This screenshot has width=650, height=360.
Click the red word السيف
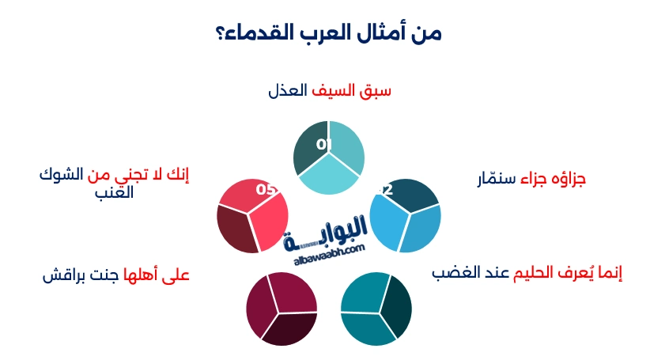tap(331, 91)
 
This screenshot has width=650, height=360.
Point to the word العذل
tap(286, 91)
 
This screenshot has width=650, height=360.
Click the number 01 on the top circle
tap(323, 145)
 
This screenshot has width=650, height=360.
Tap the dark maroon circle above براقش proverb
tap(282, 309)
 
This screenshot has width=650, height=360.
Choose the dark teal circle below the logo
tap(376, 309)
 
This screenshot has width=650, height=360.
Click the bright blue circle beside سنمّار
tap(405, 216)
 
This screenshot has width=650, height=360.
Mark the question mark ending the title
tap(219, 34)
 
